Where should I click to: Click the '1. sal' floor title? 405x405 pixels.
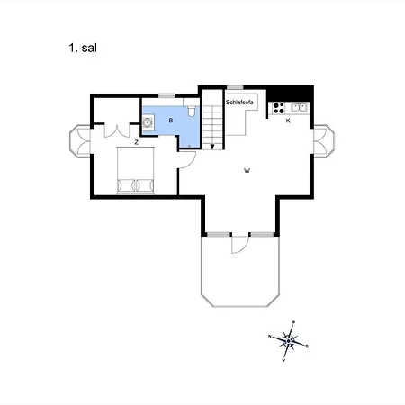pyautogui.click(x=81, y=47)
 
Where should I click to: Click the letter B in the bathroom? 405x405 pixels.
pyautogui.click(x=169, y=119)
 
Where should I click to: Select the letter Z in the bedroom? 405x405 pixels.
pyautogui.click(x=135, y=142)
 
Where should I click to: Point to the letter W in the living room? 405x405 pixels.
pyautogui.click(x=245, y=169)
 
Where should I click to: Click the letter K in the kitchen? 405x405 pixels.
pyautogui.click(x=287, y=120)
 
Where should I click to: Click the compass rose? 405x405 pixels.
pyautogui.click(x=288, y=339)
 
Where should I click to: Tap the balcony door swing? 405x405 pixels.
pyautogui.click(x=238, y=244)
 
